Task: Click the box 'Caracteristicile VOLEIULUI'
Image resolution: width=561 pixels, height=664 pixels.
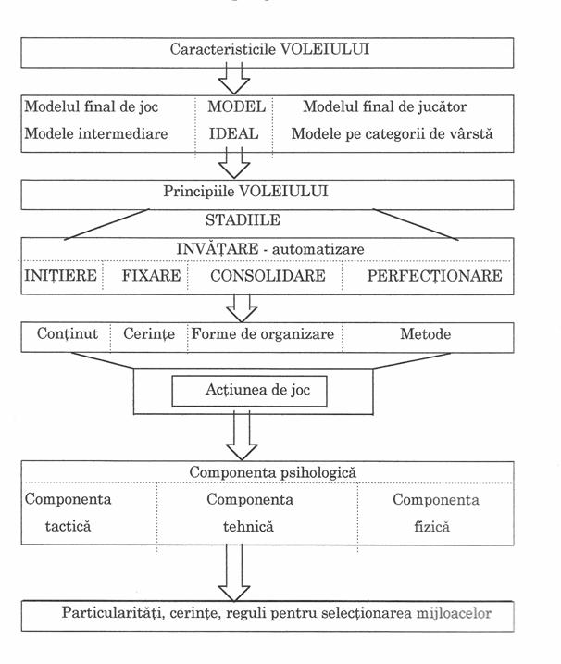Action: (x=268, y=51)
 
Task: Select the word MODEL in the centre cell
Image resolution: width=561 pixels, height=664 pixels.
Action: (x=237, y=106)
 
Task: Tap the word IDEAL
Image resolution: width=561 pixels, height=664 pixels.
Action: (x=233, y=133)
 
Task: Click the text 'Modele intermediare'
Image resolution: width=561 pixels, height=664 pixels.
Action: (x=95, y=133)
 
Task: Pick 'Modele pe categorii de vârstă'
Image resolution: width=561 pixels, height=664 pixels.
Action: (x=392, y=133)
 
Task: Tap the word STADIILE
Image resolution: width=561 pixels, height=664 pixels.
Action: (x=243, y=222)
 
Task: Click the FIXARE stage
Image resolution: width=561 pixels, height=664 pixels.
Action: (x=151, y=276)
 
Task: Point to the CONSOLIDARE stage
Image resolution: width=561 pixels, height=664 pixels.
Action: (x=268, y=276)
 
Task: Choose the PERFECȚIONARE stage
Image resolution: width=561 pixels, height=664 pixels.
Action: (x=434, y=276)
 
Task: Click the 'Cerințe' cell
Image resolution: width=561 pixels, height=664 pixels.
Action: (x=148, y=334)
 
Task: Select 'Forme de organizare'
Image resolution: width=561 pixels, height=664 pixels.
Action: (x=262, y=334)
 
